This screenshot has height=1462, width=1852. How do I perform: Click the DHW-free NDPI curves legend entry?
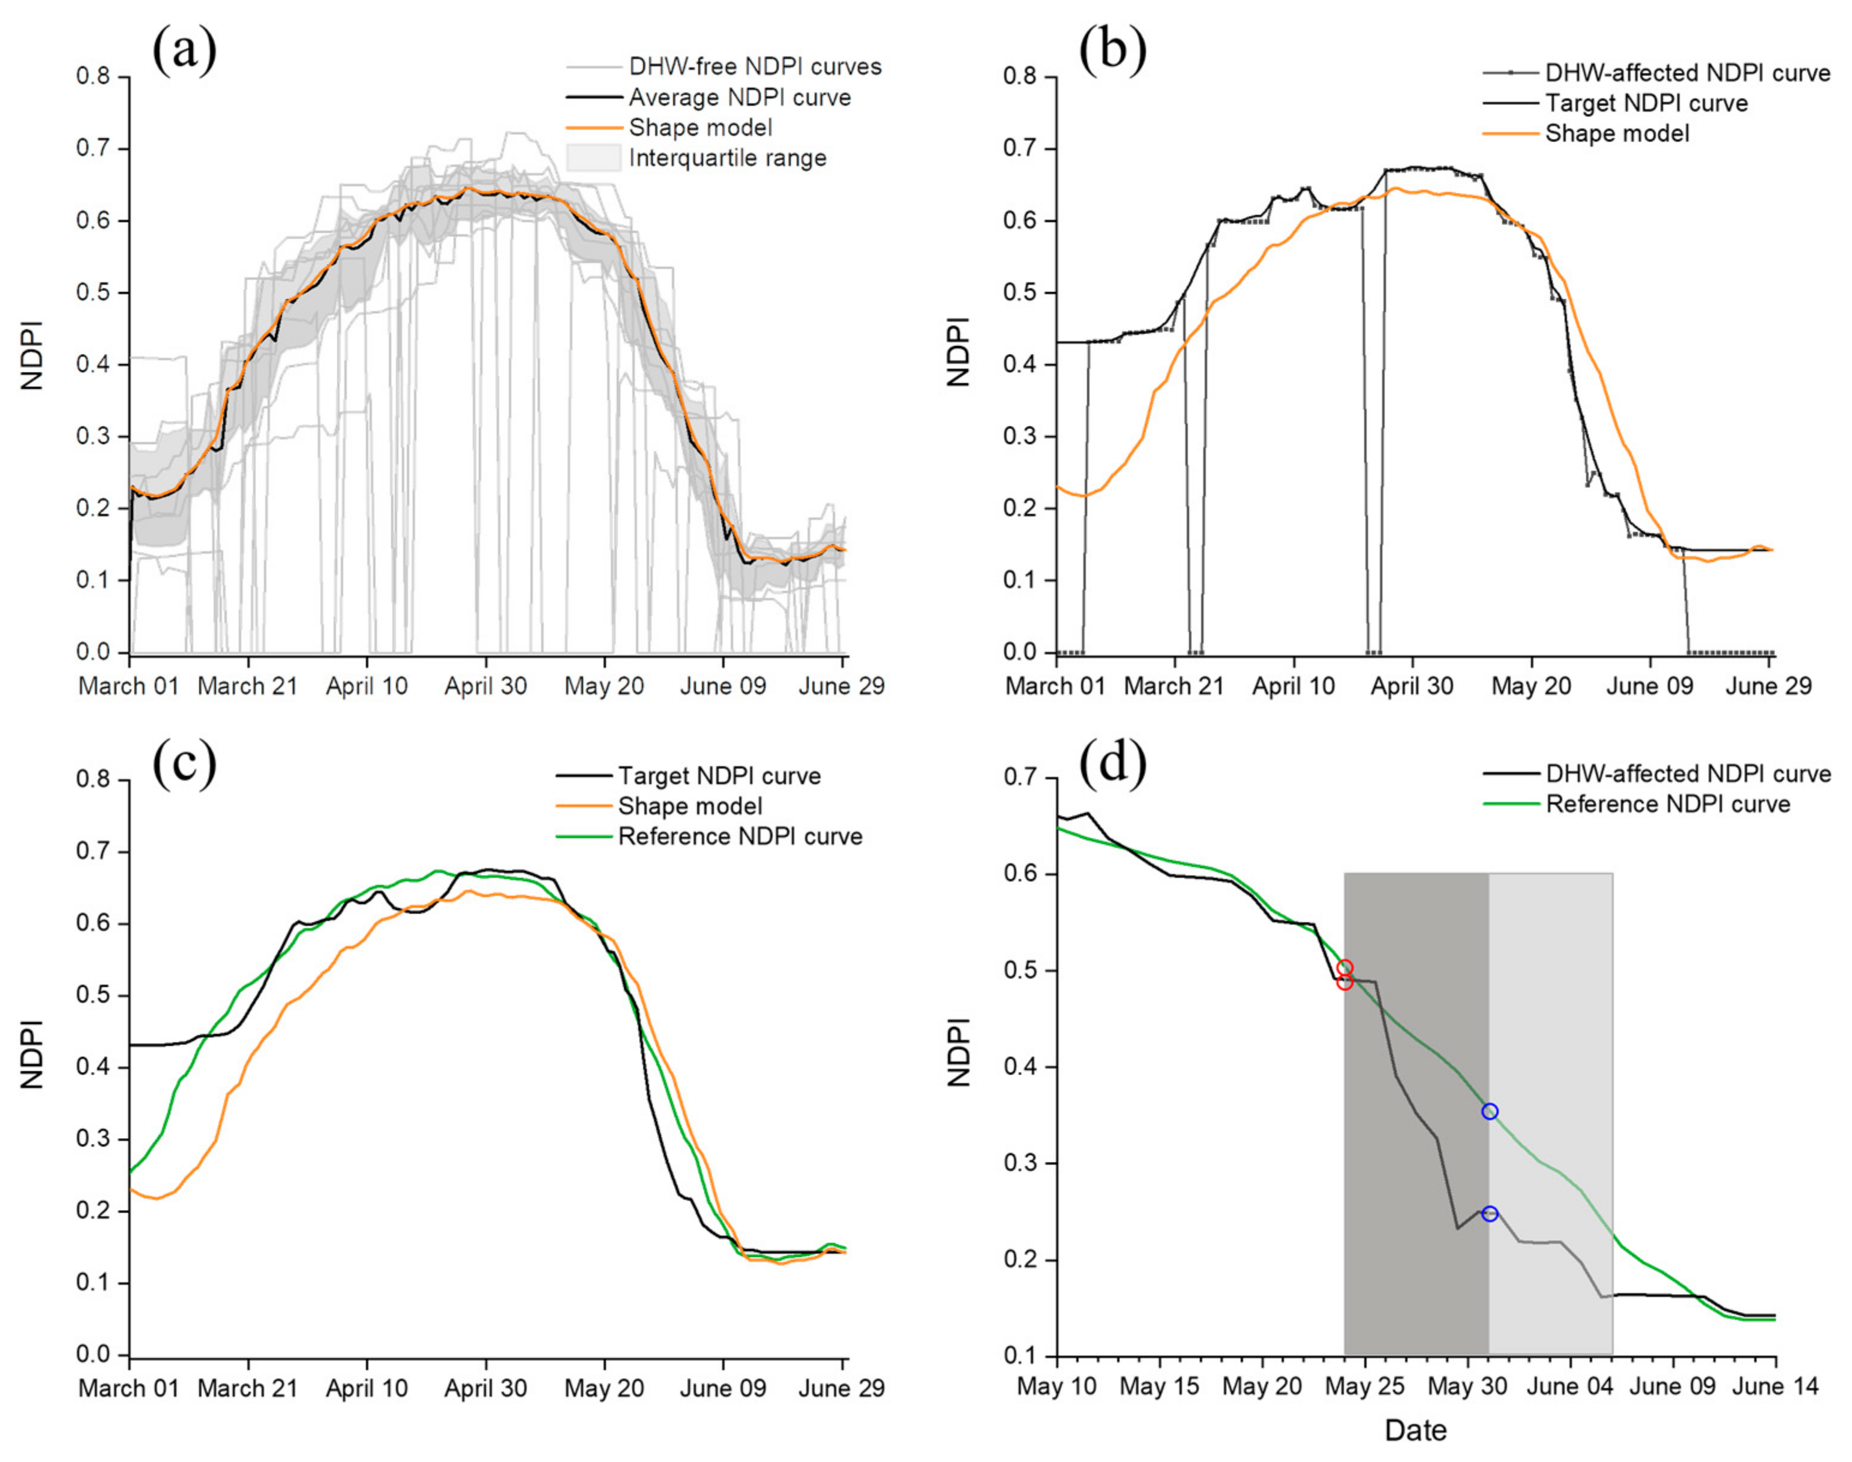click(x=754, y=67)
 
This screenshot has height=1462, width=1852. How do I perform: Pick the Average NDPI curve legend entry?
click(x=740, y=98)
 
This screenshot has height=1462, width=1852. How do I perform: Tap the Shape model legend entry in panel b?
click(x=1617, y=134)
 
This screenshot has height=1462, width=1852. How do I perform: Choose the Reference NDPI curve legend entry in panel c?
click(x=740, y=836)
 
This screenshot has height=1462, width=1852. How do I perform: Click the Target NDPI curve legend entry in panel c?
click(x=719, y=776)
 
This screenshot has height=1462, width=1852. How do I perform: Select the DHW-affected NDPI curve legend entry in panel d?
click(x=1687, y=774)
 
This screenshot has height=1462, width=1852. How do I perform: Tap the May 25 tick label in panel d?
click(x=1364, y=1386)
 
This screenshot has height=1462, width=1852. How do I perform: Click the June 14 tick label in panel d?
click(x=1775, y=1386)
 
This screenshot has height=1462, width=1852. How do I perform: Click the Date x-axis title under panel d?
click(x=1415, y=1430)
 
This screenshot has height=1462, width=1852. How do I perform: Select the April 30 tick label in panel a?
click(x=485, y=686)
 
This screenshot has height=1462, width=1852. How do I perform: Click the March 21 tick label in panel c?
click(x=247, y=1388)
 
